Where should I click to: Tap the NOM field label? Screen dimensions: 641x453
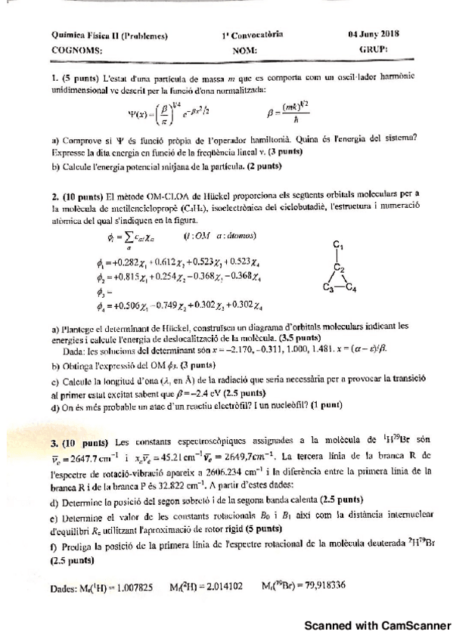245,50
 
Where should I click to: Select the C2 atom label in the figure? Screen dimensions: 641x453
340,269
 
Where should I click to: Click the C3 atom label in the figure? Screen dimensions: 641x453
327,288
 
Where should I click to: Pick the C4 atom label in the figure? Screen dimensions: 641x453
352,288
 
